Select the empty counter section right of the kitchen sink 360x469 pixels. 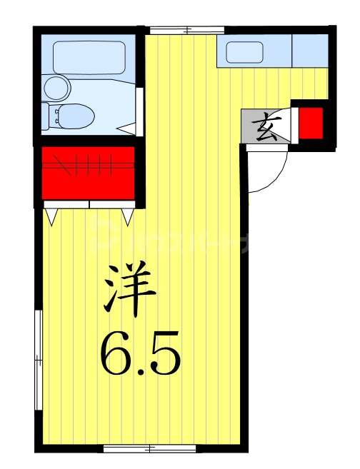pyautogui.click(x=310, y=51)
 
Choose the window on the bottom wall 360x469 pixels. pyautogui.click(x=150, y=448)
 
